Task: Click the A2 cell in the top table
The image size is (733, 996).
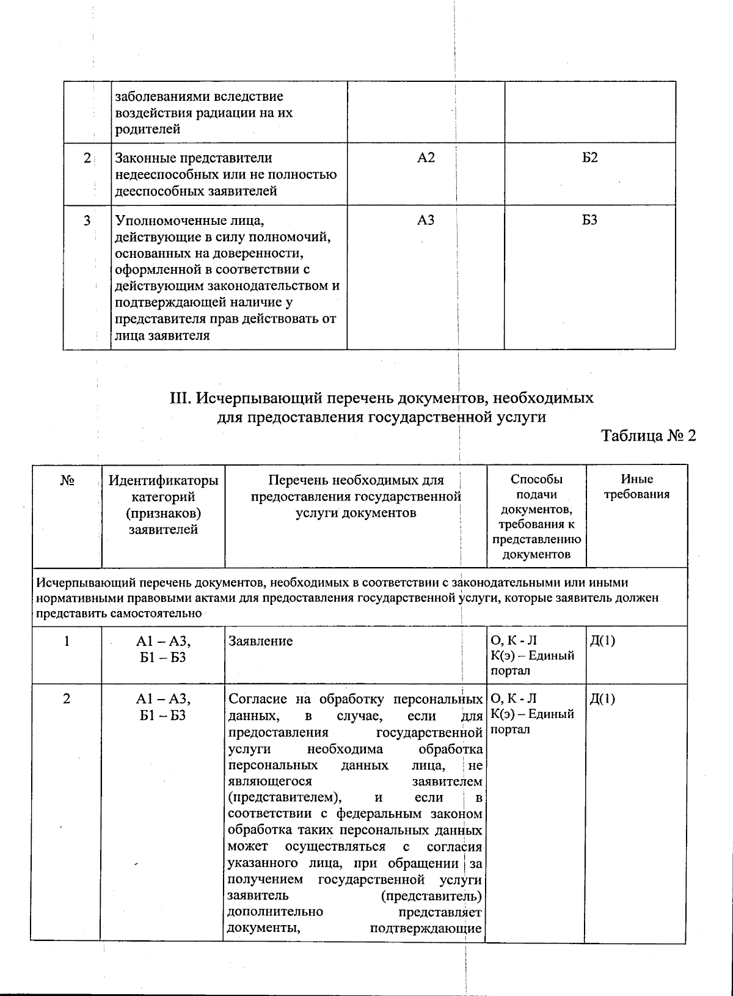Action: pyautogui.click(x=426, y=158)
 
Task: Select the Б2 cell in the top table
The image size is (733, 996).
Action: pyautogui.click(x=589, y=158)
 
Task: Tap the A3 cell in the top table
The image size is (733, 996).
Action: pyautogui.click(x=426, y=220)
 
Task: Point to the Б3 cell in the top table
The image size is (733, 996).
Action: pyautogui.click(x=589, y=220)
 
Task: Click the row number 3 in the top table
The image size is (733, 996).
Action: pyautogui.click(x=87, y=220)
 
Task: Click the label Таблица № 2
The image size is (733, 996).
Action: pyautogui.click(x=649, y=436)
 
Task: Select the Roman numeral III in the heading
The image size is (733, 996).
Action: pyautogui.click(x=181, y=399)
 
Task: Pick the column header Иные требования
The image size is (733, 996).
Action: pyautogui.click(x=636, y=487)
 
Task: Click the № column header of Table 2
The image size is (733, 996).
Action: pyautogui.click(x=67, y=481)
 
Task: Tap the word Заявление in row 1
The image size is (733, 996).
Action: pyautogui.click(x=260, y=641)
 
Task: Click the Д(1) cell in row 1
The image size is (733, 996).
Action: pyautogui.click(x=602, y=641)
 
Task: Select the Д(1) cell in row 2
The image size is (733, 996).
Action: pyautogui.click(x=602, y=698)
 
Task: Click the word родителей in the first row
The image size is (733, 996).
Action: pyautogui.click(x=147, y=129)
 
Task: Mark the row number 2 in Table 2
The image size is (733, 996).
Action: pyautogui.click(x=67, y=698)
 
